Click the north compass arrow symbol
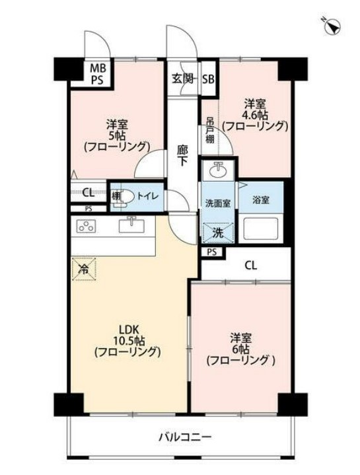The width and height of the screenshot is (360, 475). [x=332, y=26]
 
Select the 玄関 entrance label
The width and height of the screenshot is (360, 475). [x=183, y=79]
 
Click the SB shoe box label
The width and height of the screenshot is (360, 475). [x=208, y=79]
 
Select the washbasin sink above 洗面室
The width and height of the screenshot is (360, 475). [x=219, y=171]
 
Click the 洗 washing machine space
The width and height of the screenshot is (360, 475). [x=217, y=233]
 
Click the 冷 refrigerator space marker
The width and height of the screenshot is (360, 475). [x=84, y=268]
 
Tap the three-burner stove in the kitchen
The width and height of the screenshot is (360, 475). [x=87, y=227]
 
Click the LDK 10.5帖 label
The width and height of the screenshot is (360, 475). [x=127, y=340]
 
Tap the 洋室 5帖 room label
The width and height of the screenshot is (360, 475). [x=116, y=135]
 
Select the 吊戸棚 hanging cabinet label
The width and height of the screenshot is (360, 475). [x=209, y=130]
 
